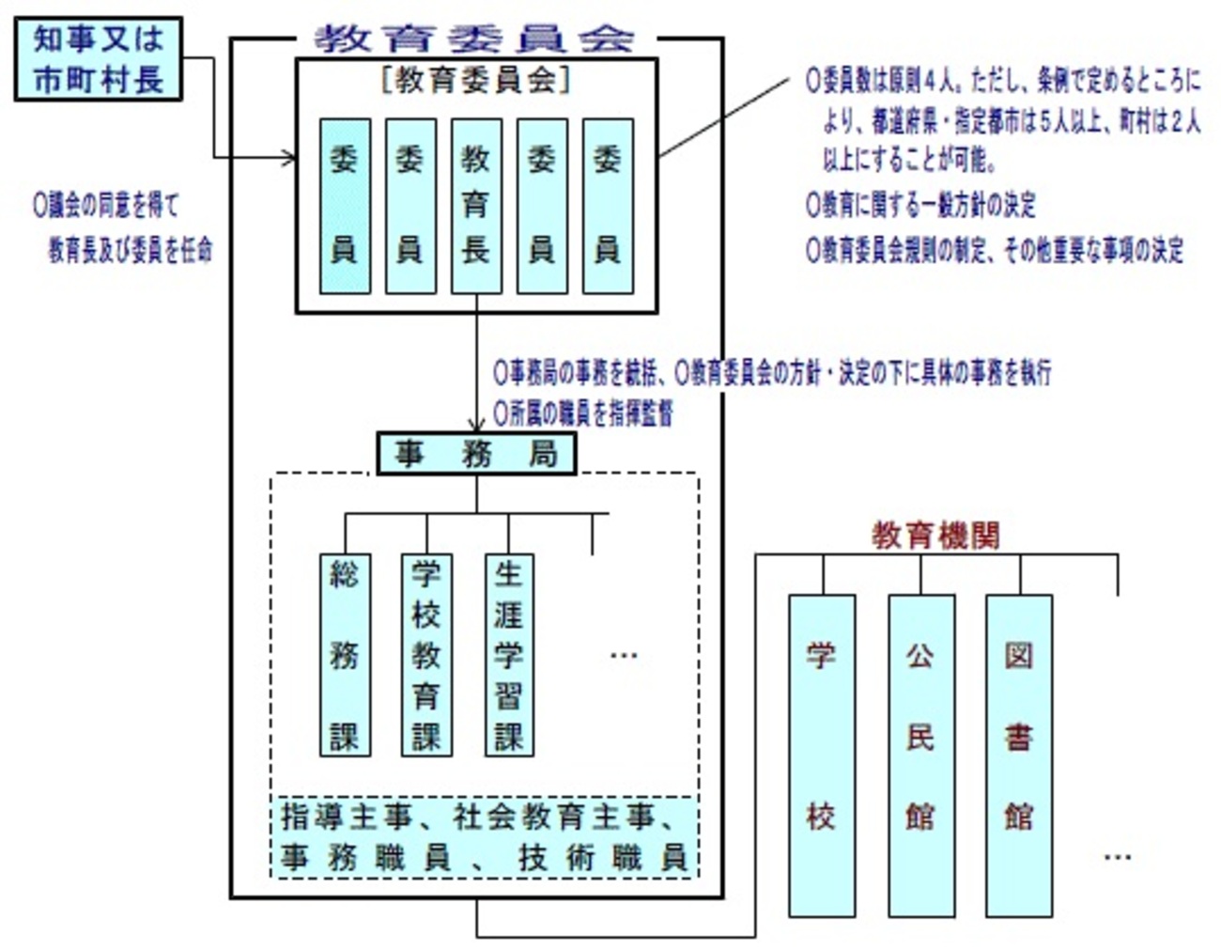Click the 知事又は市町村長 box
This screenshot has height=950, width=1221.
pos(99,58)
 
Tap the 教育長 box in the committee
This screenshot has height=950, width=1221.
pos(476,206)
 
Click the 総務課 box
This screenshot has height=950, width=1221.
pos(345,655)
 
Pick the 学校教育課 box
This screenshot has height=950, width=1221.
pos(426,655)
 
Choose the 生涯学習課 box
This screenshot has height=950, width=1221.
pos(509,655)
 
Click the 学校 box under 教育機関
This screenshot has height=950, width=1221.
pos(822,755)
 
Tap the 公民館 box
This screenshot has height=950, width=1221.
pos(920,755)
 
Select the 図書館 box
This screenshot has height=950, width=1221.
pos(1019,755)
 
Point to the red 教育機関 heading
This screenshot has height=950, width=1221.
pos(935,536)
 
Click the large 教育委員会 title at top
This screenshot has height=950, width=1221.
pos(475,39)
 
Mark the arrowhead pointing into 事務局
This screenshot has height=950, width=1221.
pos(476,426)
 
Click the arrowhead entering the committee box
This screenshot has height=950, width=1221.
pos(289,158)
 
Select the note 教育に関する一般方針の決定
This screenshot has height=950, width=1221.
pos(920,205)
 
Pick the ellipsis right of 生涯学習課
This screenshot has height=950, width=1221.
pos(624,656)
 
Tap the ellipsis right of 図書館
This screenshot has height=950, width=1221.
pos(1117,857)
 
